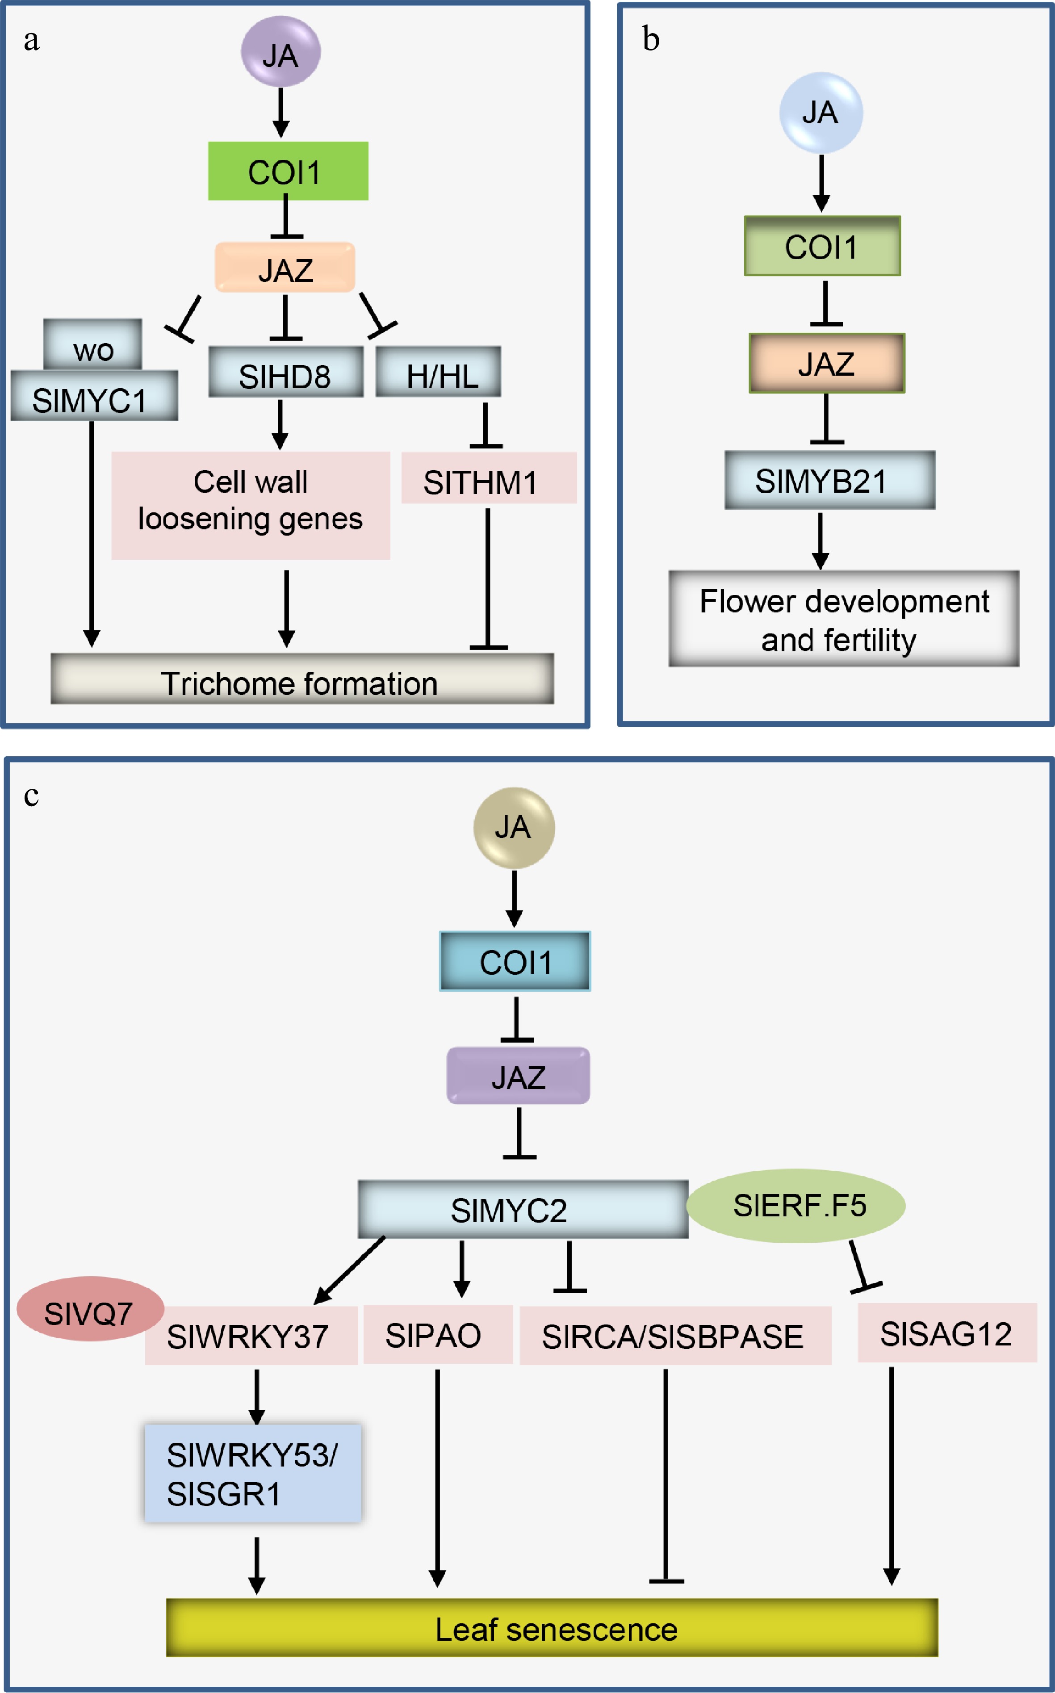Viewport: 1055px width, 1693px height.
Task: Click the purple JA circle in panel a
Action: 280,52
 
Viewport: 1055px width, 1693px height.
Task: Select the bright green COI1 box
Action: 288,171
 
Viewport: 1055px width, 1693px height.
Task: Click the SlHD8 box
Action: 285,372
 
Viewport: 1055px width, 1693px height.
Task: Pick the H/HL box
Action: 438,372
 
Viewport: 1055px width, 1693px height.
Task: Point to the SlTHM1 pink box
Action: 489,478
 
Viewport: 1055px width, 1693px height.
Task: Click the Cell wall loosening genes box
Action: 251,505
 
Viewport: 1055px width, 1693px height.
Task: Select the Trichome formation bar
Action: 301,678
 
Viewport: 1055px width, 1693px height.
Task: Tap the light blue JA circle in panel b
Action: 821,113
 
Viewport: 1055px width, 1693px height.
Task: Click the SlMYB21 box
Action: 829,480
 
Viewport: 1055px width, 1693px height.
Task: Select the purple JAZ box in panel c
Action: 518,1075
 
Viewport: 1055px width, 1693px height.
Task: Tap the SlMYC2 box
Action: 522,1209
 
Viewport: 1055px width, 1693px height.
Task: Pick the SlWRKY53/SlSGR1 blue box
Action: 253,1472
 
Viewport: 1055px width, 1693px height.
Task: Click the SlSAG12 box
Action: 946,1332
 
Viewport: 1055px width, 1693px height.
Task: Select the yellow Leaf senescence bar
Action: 551,1627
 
